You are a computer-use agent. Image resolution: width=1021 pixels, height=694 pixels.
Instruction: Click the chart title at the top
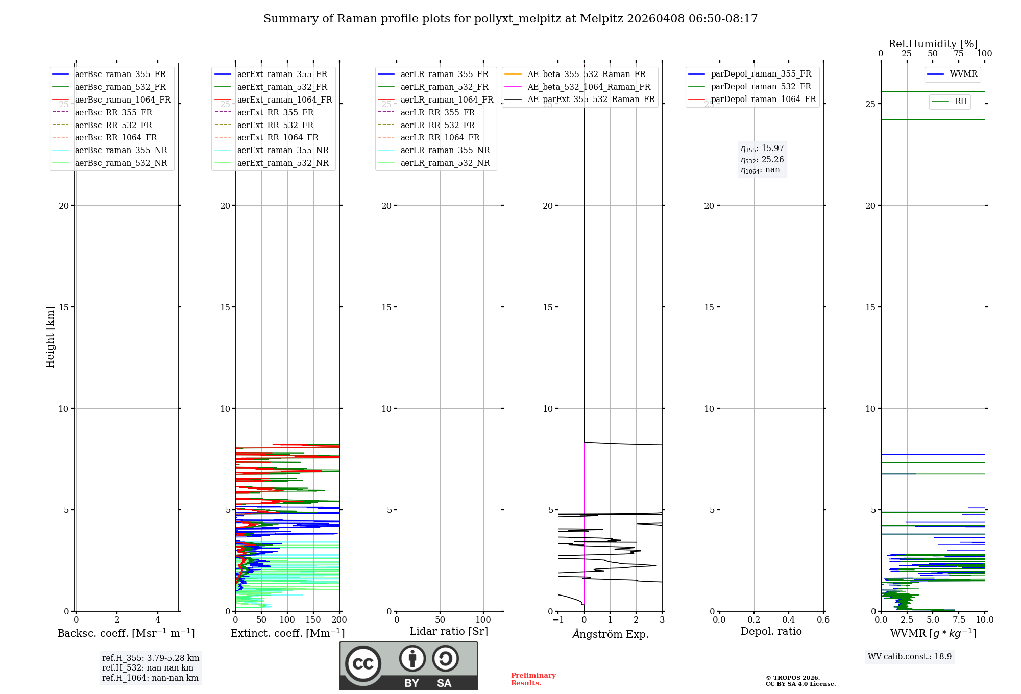tap(510, 19)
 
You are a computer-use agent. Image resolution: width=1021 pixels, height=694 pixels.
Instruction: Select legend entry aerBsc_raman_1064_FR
tap(123, 100)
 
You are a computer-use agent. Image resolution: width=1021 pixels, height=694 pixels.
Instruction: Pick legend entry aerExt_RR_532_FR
tap(275, 125)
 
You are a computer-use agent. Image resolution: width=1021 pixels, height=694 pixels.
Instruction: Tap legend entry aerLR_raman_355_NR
tap(445, 151)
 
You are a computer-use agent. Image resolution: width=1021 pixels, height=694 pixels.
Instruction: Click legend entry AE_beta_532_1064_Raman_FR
tap(589, 87)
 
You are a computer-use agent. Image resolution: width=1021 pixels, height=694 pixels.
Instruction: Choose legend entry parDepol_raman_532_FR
tap(761, 87)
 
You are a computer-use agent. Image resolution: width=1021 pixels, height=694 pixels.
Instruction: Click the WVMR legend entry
tap(963, 74)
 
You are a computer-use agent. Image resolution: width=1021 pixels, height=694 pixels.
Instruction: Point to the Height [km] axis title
tap(50, 337)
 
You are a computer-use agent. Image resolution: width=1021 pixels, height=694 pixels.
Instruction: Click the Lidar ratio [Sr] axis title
tap(449, 631)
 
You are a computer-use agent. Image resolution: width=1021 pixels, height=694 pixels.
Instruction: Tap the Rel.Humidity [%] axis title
tap(933, 44)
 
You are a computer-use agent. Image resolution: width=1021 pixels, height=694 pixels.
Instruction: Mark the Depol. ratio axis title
tap(771, 631)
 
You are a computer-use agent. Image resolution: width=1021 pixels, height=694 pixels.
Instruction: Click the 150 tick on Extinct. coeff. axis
tap(313, 620)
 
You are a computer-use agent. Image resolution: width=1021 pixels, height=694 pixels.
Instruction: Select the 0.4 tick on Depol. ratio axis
tap(788, 620)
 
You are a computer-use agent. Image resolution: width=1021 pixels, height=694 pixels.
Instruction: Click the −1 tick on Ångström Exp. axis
tap(558, 620)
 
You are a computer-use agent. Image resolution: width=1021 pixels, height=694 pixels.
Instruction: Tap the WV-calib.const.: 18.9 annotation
tap(909, 657)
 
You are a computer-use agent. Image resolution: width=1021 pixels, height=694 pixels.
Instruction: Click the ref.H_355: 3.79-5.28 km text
tap(151, 658)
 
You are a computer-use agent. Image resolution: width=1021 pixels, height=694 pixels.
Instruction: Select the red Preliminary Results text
tap(533, 679)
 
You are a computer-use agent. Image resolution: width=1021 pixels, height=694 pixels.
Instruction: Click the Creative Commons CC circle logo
tap(363, 664)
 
